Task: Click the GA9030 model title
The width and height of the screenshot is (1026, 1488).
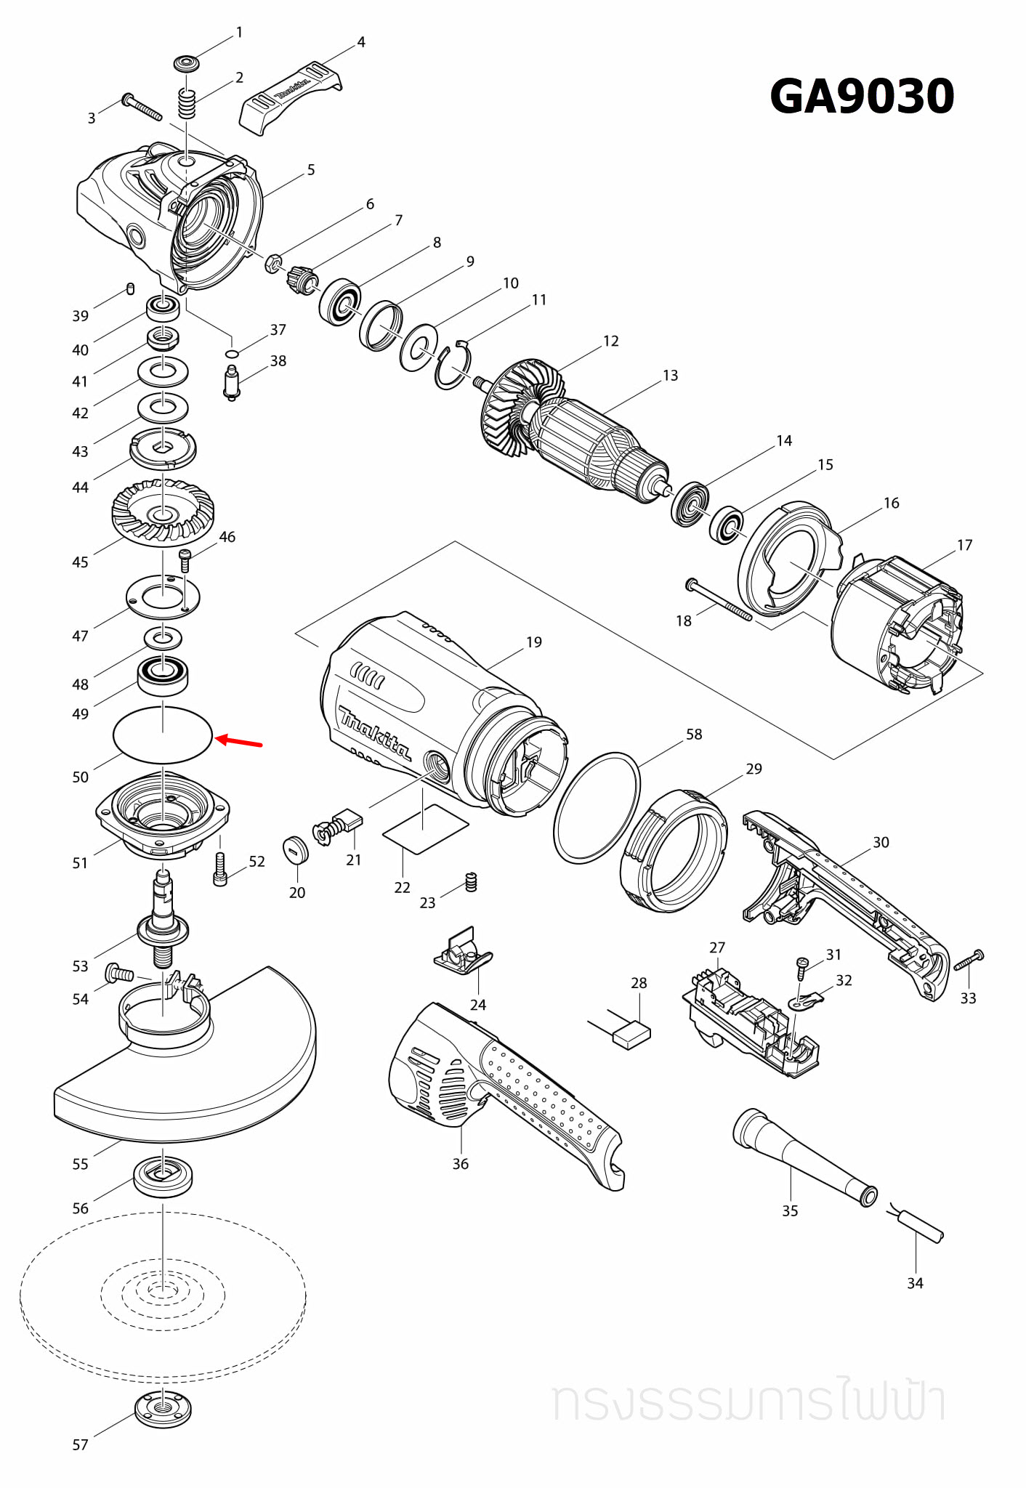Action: (x=861, y=97)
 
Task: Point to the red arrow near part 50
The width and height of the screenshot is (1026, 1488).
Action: (x=239, y=741)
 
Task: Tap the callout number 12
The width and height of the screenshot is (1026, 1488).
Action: (x=611, y=341)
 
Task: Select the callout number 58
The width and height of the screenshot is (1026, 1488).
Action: (x=694, y=734)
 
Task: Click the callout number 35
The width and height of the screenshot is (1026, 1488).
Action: (x=790, y=1210)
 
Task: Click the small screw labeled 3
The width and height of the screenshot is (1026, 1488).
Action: (x=142, y=107)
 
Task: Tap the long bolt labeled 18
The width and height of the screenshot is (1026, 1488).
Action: (x=719, y=600)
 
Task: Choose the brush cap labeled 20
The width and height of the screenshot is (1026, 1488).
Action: (x=296, y=851)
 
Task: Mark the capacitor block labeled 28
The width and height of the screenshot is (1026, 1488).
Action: (x=631, y=1034)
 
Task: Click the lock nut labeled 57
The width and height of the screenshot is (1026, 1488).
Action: (x=163, y=1410)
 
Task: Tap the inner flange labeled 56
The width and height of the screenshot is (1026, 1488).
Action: (x=163, y=1176)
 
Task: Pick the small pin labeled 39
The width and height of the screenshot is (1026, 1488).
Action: (x=130, y=288)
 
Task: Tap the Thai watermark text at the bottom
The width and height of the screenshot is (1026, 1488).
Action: (x=748, y=1402)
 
